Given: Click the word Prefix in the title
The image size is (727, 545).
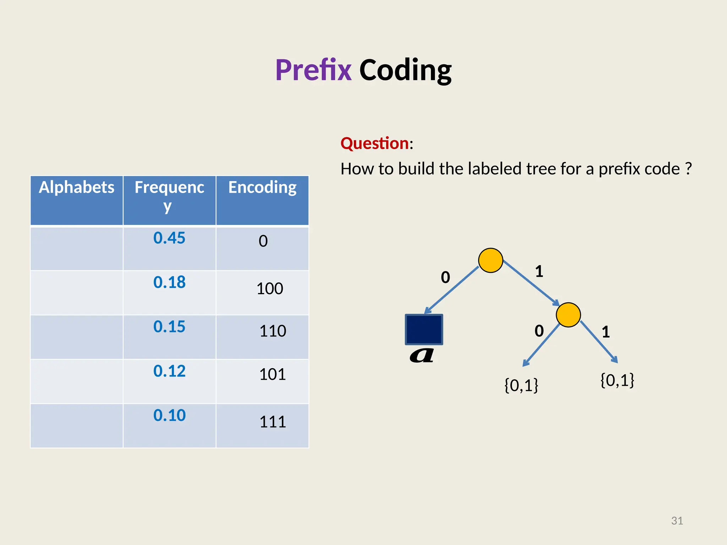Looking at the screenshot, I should click(313, 70).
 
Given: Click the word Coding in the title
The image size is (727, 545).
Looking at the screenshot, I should click(405, 70).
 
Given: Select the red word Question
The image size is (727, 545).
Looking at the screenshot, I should click(375, 143).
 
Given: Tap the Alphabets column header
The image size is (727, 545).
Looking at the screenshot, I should click(77, 187).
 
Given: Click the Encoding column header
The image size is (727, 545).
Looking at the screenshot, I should click(262, 187).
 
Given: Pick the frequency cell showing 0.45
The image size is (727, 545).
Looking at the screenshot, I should click(169, 238).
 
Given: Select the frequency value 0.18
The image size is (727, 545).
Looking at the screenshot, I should click(169, 282).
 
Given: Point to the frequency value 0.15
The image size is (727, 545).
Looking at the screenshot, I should click(169, 327).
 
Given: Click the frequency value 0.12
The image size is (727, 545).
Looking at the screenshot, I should click(169, 371).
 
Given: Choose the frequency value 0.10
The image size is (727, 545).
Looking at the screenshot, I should click(169, 415).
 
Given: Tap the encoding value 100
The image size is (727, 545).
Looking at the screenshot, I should click(270, 289).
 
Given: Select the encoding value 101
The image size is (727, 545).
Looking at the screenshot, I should click(273, 375).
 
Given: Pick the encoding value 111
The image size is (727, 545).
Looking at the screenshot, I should click(273, 422).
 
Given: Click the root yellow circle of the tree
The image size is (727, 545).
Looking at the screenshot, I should click(491, 260).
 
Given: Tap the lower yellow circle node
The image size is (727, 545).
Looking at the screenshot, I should click(568, 315).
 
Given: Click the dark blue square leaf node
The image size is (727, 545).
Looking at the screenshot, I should click(424, 329).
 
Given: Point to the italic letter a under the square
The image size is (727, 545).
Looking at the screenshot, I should click(422, 355).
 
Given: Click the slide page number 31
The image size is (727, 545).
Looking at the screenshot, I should click(677, 521).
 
